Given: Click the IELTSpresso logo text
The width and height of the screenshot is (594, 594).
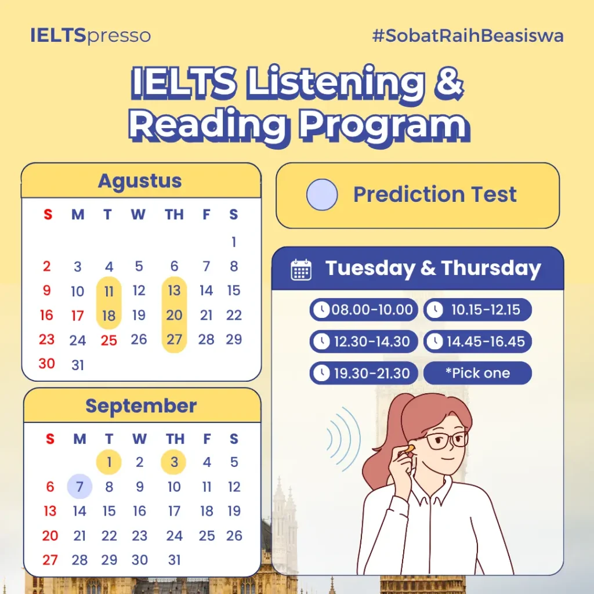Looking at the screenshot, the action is click(90, 35).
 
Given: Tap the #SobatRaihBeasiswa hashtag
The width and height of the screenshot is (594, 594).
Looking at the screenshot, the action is click(468, 35).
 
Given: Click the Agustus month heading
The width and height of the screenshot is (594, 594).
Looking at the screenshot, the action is click(140, 181).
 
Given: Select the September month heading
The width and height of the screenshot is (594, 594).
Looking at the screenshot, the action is click(141, 405).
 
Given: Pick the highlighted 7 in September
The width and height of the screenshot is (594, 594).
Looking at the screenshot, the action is click(79, 487).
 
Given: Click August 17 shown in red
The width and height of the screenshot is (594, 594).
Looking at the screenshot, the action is click(77, 316).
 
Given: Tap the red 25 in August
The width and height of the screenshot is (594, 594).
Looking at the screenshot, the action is click(108, 340).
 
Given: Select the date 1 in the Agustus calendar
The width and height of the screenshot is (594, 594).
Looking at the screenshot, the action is click(234, 242).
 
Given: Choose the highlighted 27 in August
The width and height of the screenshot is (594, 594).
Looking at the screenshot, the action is click(174, 339).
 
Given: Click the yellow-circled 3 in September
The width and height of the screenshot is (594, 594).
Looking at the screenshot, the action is click(174, 462).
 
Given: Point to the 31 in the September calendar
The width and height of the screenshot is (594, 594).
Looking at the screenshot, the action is click(174, 560).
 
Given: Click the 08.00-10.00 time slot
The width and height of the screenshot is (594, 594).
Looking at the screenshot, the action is click(364, 310).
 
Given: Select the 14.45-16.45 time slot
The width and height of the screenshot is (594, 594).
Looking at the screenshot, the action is click(478, 342).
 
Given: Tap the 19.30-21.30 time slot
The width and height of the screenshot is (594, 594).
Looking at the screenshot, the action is click(364, 374).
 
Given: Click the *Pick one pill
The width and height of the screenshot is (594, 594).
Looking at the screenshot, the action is click(478, 373).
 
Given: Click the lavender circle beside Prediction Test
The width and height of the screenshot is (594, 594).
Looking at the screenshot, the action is click(322, 195).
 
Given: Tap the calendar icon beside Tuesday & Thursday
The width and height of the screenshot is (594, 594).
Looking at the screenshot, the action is click(301, 270).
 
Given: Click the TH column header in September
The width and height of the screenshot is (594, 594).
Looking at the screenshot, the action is click(175, 439).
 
